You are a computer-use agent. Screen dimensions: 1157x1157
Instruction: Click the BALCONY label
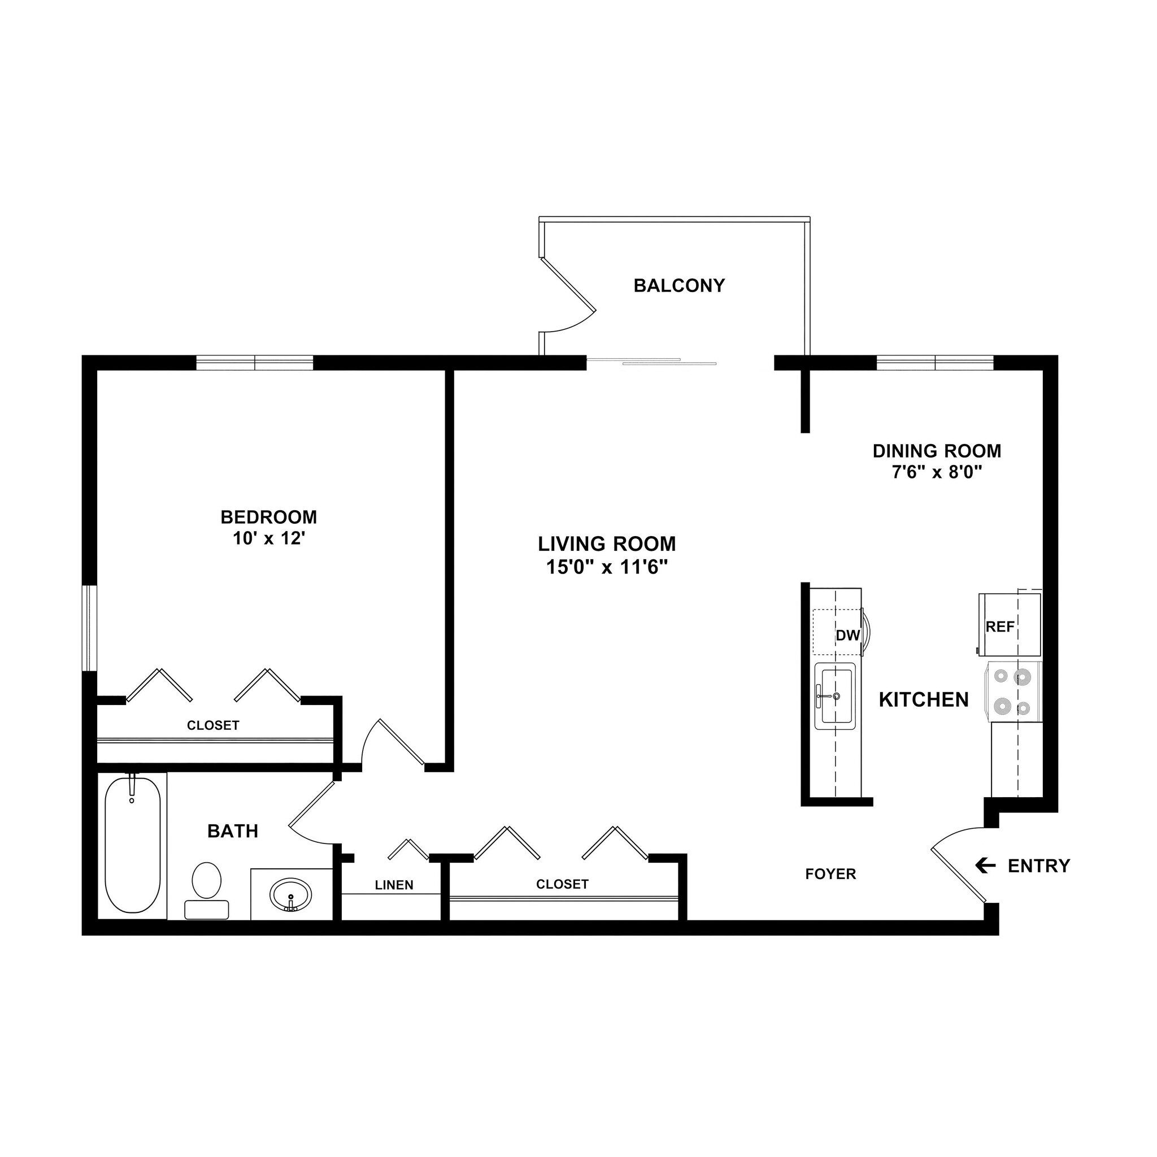pos(678,286)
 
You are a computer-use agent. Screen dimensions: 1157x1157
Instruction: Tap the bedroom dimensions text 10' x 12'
pos(269,538)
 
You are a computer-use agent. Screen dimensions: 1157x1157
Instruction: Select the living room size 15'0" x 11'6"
pos(606,567)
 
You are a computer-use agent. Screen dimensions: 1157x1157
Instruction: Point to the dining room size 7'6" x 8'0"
pos(937,472)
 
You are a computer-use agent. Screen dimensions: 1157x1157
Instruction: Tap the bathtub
pos(132,845)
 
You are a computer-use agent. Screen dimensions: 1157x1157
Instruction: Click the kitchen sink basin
pos(836,696)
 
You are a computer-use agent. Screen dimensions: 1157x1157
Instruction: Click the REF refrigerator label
pos(1000,627)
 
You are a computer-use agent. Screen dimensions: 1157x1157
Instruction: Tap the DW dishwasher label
pos(847,636)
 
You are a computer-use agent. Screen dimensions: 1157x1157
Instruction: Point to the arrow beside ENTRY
pos(985,865)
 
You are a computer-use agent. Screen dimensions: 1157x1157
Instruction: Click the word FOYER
pos(830,875)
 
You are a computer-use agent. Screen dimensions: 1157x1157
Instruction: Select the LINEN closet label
pos(394,885)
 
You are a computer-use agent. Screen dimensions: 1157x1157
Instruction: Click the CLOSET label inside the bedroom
pos(213,725)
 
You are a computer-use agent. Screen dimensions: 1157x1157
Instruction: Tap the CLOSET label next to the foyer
pos(562,884)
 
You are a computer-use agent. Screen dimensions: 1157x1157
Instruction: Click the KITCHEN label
pos(924,699)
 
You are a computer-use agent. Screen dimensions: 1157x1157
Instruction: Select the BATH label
pos(232,831)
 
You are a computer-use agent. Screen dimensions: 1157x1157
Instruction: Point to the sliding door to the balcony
pos(651,362)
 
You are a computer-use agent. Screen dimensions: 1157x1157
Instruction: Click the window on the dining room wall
pos(935,362)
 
